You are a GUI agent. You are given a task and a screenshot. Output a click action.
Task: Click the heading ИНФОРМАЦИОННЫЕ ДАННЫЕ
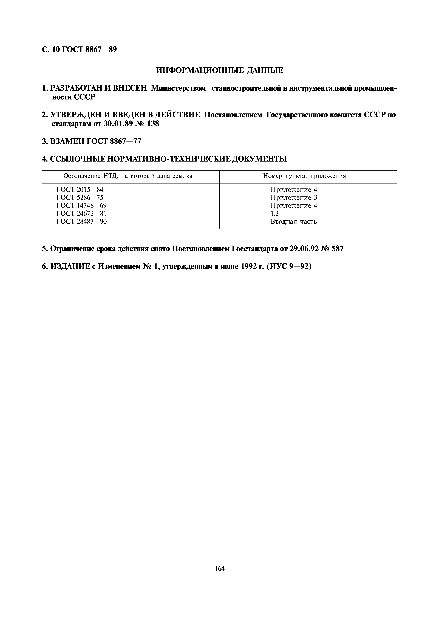220,70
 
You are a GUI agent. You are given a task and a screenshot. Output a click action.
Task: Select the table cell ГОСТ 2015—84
80,190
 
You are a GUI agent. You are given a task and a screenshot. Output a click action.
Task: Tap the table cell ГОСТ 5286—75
80,198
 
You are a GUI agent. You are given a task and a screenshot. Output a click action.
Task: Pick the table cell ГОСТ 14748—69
81,206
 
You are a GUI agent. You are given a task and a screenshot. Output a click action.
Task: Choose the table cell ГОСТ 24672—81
81,213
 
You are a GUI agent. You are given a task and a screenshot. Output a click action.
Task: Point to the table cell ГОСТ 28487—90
81,222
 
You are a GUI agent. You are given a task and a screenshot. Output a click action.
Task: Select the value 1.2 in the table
274,213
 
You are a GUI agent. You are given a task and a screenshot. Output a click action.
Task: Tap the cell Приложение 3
294,198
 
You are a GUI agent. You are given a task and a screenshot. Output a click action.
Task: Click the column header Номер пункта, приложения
305,176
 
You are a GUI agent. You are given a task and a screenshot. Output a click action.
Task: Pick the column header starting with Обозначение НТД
128,176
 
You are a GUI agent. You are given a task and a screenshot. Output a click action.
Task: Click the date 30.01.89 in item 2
118,124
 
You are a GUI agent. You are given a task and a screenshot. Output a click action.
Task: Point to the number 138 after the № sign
153,124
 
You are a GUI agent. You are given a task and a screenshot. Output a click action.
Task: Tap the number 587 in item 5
337,249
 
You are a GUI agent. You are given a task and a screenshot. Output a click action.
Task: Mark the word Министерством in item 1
178,88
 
